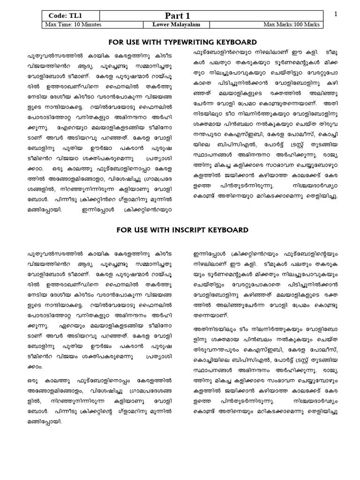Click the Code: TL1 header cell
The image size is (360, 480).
(x=64, y=15)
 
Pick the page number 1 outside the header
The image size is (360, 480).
(x=336, y=15)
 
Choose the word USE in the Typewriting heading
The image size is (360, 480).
(x=132, y=42)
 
